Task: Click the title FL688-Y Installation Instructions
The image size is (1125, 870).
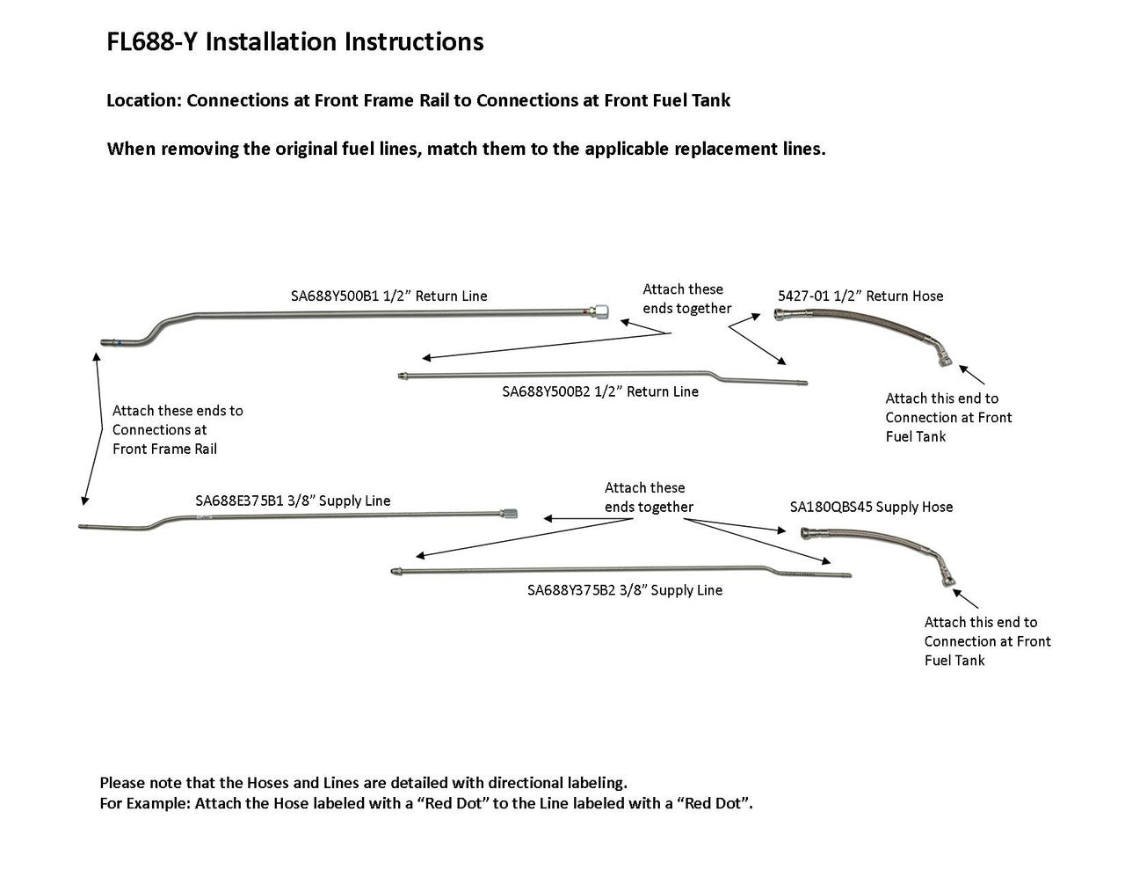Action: pos(294,42)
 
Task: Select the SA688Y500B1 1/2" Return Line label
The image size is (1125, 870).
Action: pos(388,296)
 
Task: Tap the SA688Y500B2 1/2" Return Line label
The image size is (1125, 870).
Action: pos(600,391)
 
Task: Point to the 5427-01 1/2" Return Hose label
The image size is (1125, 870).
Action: pos(860,296)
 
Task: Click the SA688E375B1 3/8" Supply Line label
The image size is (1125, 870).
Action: pos(293,501)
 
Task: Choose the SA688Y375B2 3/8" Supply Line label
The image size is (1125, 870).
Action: pos(625,590)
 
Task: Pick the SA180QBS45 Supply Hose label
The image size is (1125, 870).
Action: pos(871,508)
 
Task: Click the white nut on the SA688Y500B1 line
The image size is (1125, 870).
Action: pos(599,311)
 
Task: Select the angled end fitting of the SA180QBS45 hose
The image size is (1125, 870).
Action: pos(945,581)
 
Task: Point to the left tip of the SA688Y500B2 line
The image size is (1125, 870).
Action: pos(402,377)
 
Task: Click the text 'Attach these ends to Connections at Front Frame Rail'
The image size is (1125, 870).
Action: pos(178,430)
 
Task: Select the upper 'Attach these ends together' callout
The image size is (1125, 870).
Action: pos(686,299)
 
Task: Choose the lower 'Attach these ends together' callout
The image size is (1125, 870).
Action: pos(649,498)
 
